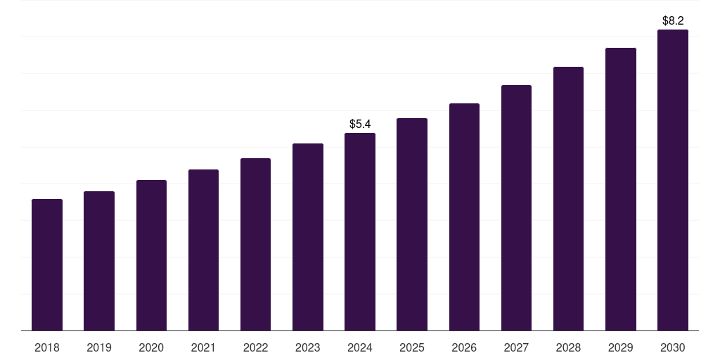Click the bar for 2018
point(47,265)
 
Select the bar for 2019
point(99,261)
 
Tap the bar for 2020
point(151,255)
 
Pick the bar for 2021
point(203,250)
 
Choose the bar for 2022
point(255,245)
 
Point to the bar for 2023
point(308,237)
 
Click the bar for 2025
point(412,224)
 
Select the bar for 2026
point(464,217)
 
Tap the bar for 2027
point(516,208)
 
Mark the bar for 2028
point(568,199)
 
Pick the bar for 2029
point(621,189)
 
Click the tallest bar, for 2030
point(673,180)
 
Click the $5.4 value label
point(360,124)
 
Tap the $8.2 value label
point(673,21)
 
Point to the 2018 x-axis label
point(47,347)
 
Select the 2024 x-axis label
point(360,347)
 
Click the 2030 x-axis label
point(673,347)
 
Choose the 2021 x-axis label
point(203,347)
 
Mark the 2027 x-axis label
point(516,347)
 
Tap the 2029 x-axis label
point(621,347)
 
